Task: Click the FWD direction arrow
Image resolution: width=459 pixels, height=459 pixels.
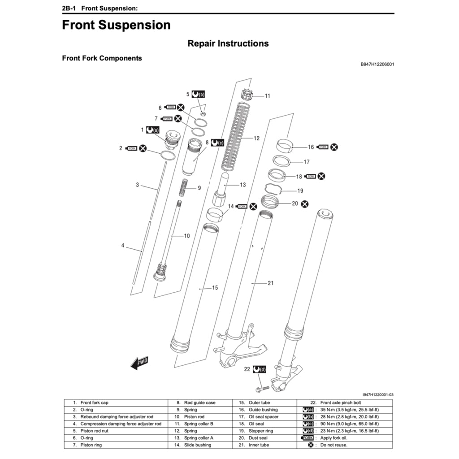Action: pyautogui.click(x=139, y=362)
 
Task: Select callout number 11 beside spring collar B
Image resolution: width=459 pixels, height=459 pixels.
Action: pyautogui.click(x=268, y=95)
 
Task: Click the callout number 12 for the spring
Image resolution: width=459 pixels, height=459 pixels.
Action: pyautogui.click(x=256, y=139)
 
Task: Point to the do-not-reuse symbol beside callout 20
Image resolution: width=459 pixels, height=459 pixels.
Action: pyautogui.click(x=305, y=204)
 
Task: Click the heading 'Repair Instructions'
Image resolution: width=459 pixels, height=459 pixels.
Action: pyautogui.click(x=228, y=43)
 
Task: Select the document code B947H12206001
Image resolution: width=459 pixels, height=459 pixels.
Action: pyautogui.click(x=377, y=64)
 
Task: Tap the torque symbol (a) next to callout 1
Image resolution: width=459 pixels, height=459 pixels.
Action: pyautogui.click(x=153, y=130)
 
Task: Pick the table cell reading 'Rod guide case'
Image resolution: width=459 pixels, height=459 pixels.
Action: pyautogui.click(x=199, y=403)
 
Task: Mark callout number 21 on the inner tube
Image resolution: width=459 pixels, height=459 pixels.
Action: pyautogui.click(x=270, y=283)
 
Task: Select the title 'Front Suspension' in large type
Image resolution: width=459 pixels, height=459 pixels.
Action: pyautogui.click(x=116, y=25)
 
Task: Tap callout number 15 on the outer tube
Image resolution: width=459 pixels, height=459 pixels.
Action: pyautogui.click(x=215, y=287)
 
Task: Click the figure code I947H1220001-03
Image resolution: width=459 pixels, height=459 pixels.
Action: pyautogui.click(x=378, y=394)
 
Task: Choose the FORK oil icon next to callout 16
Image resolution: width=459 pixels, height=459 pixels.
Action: pyautogui.click(x=323, y=147)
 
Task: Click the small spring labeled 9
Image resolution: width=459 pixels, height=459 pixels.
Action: pyautogui.click(x=184, y=187)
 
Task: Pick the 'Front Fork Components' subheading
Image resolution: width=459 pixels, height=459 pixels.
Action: pyautogui.click(x=102, y=58)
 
